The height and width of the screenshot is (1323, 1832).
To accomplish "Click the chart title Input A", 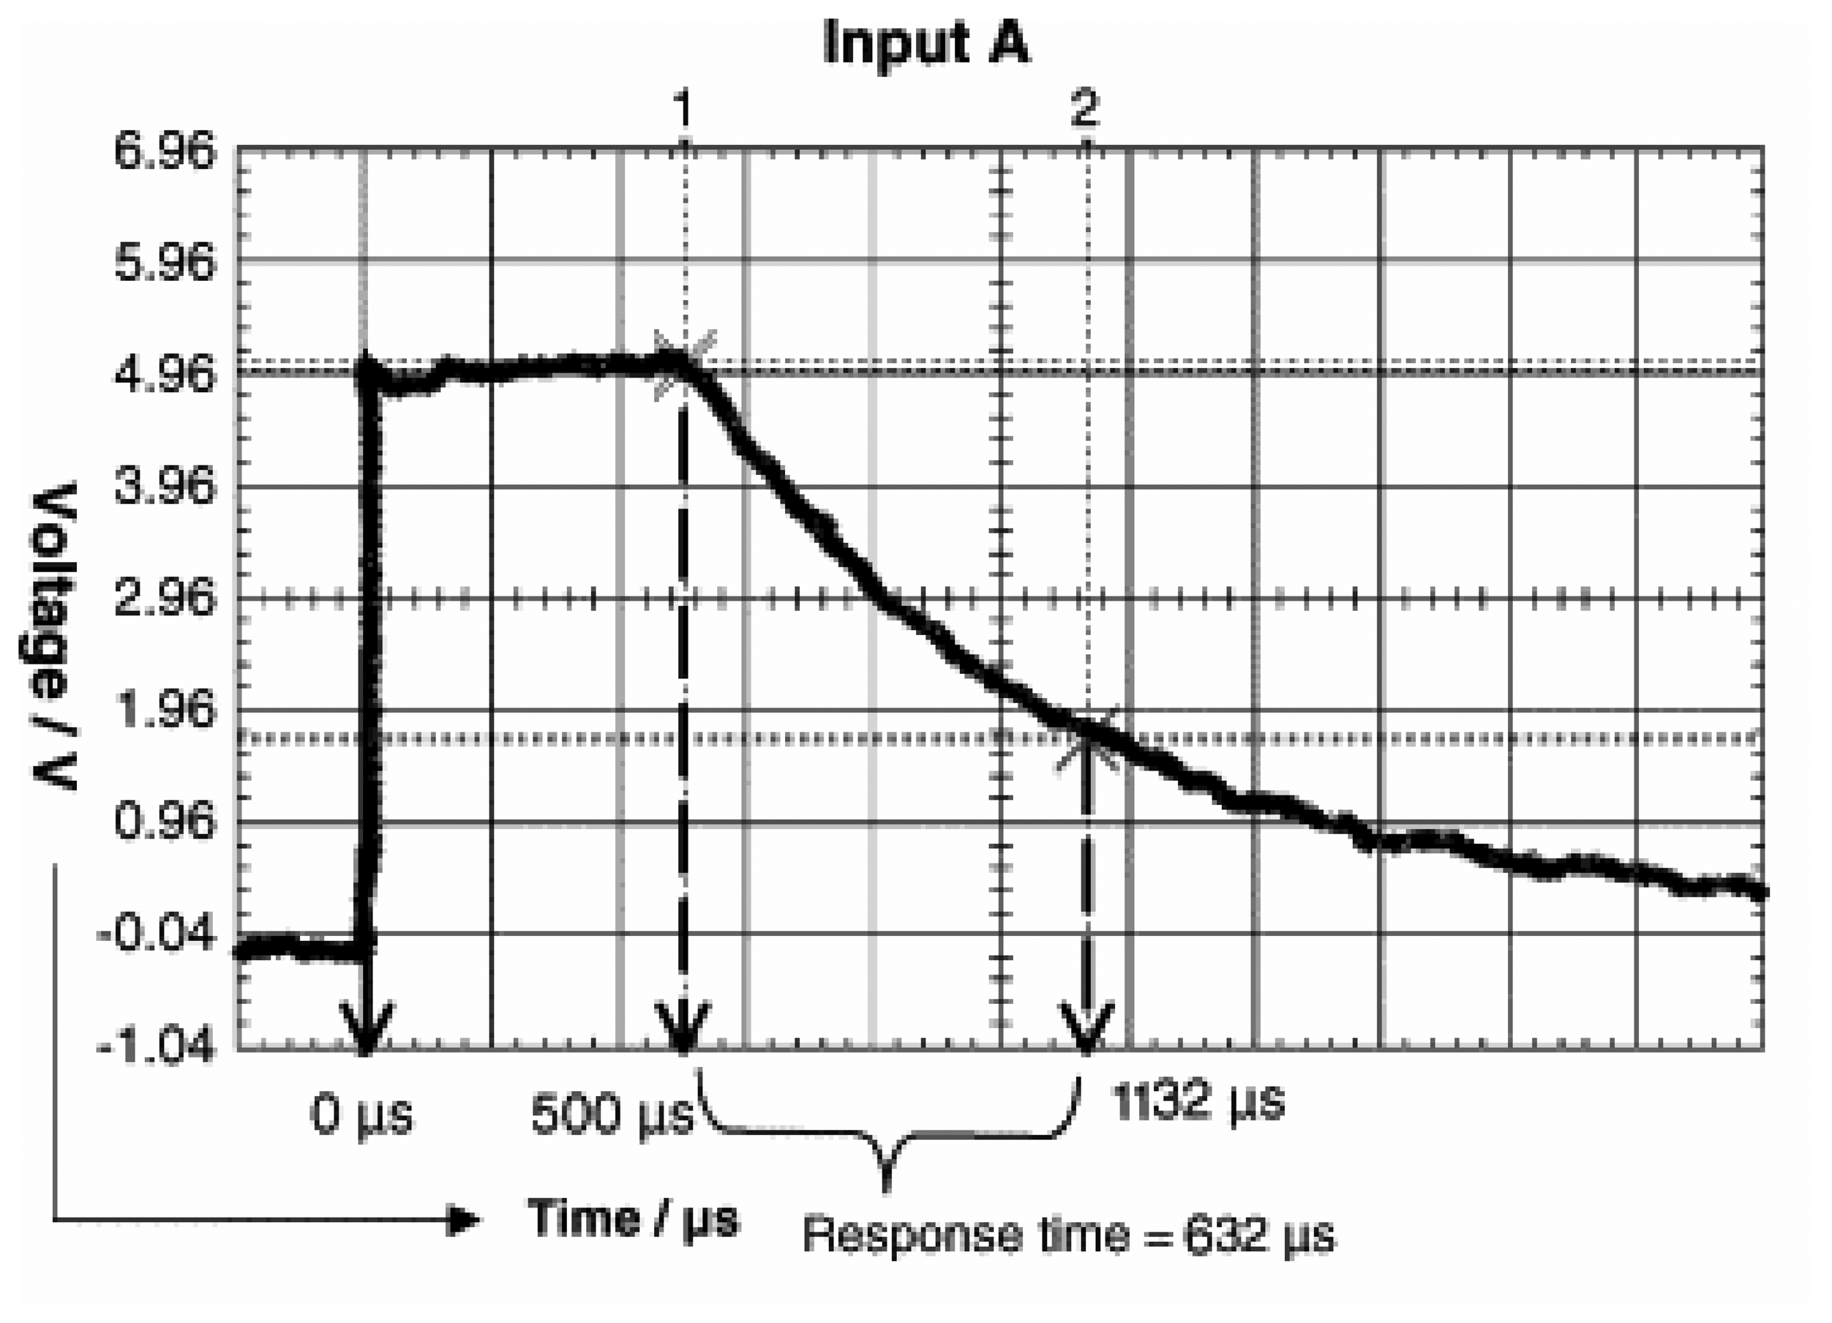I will click(926, 42).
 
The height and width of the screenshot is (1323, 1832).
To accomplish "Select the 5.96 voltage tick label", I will click(165, 263).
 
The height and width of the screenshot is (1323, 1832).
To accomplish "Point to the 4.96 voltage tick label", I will click(165, 375).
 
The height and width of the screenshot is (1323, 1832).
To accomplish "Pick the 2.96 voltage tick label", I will click(165, 599).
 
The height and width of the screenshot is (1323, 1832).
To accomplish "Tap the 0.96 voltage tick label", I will click(165, 822).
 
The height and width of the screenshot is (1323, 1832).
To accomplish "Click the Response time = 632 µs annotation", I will click(1068, 1235).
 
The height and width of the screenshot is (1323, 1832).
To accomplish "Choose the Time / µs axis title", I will click(634, 1218).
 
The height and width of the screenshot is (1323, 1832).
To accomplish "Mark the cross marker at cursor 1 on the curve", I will click(683, 364).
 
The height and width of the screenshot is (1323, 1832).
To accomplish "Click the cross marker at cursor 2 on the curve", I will click(1088, 738).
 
